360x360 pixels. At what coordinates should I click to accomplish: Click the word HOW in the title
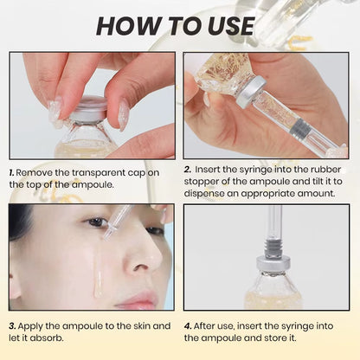[x=130, y=25]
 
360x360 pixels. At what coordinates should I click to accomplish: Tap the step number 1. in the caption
[x=12, y=173]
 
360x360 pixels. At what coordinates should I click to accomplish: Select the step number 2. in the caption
[x=187, y=170]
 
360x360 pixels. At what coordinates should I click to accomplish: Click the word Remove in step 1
[x=35, y=173]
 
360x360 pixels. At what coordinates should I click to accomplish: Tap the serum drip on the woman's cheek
[x=98, y=277]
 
